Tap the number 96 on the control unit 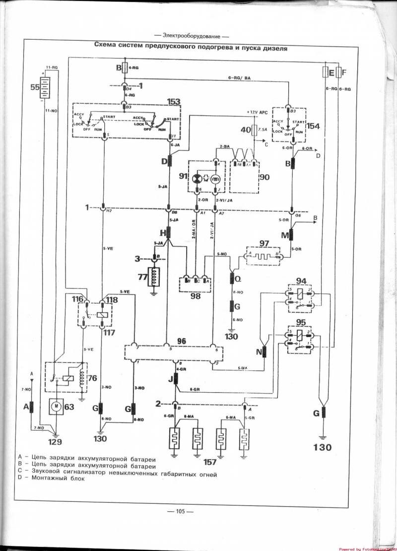[x=181, y=342]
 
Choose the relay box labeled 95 [x=299, y=340]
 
